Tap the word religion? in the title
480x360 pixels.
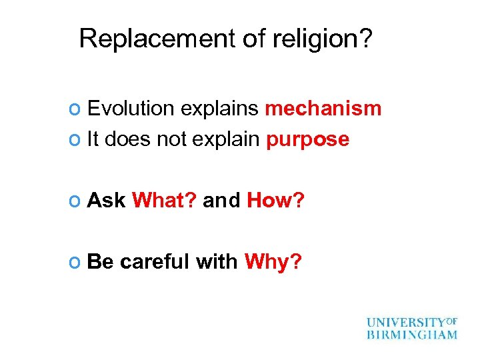click(x=323, y=39)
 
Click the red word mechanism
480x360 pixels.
click(x=323, y=108)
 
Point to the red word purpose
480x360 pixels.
click(x=307, y=139)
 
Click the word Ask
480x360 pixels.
click(x=107, y=199)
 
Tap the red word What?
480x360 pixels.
click(x=164, y=199)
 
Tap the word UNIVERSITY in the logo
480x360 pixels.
click(x=405, y=322)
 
